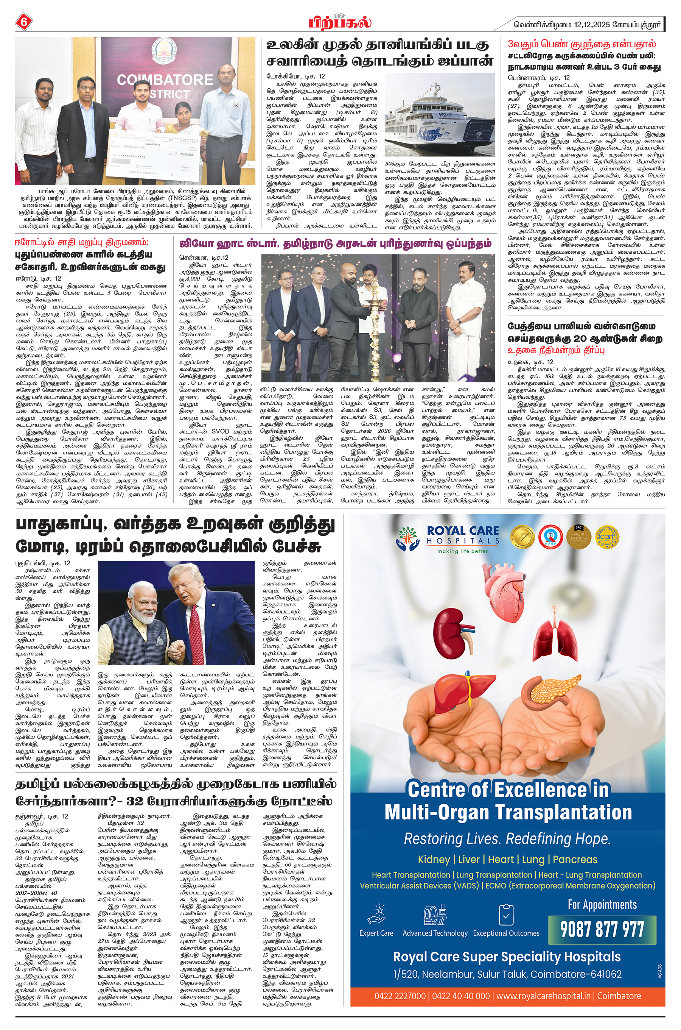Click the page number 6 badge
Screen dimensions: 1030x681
click(x=23, y=22)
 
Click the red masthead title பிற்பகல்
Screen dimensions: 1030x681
click(x=340, y=22)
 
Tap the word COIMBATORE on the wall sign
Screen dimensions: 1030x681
click(x=165, y=80)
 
